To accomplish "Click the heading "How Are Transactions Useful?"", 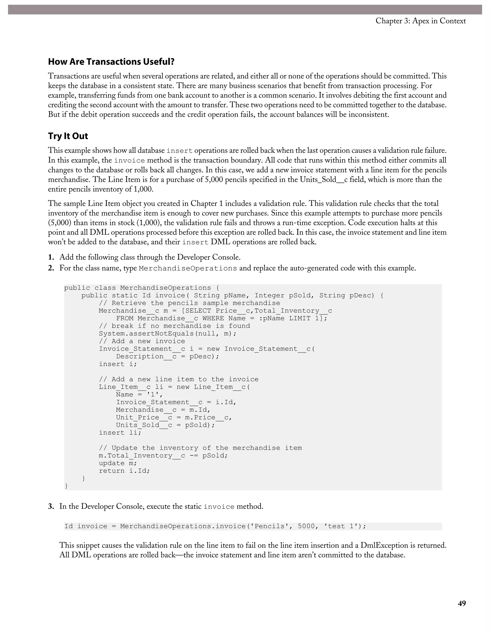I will click(111, 62).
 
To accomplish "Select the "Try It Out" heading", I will click(68, 136).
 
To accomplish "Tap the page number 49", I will click(462, 603).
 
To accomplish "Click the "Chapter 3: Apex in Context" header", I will click(421, 21).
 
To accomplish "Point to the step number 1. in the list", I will click(51, 257).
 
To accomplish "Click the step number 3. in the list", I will click(51, 506).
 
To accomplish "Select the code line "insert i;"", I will click(117, 364).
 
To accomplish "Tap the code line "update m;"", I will click(117, 463).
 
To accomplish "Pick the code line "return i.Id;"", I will click(124, 471).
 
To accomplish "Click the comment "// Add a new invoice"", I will click(142, 341).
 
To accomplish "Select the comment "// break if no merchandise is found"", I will click(174, 326).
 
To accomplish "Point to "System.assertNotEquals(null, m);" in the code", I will click(167, 334).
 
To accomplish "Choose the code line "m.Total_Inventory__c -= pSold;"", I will click(163, 456).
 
